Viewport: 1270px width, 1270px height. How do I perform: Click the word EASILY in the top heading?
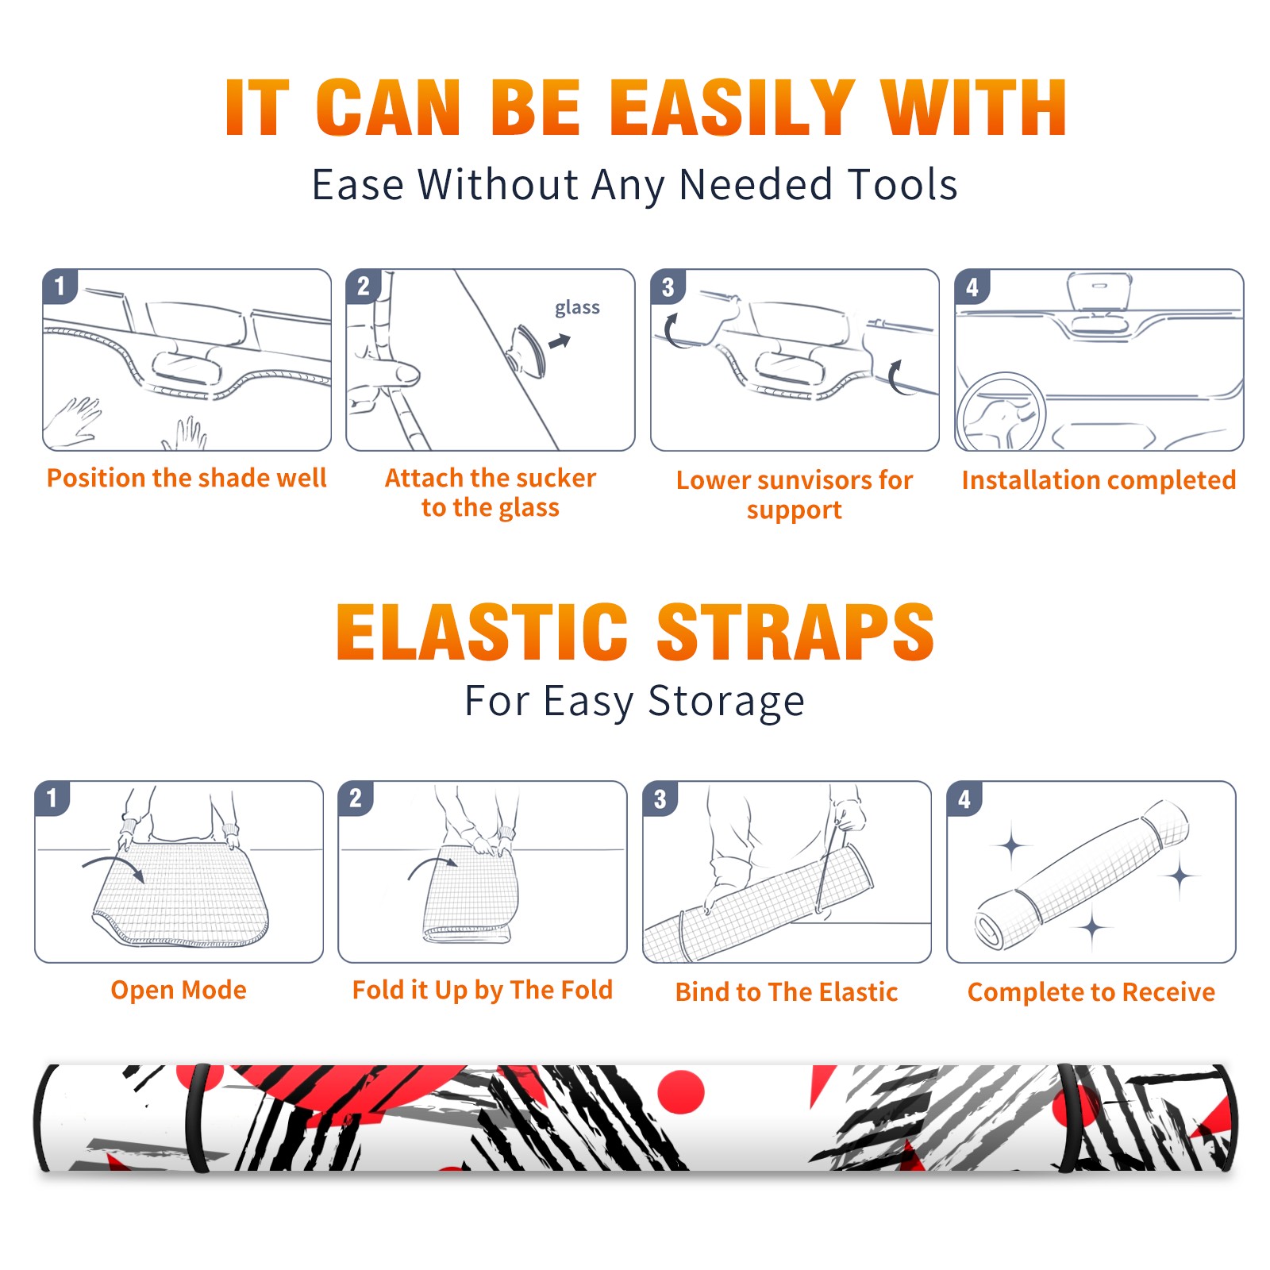point(732,108)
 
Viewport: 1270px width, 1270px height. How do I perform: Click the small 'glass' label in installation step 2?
point(577,308)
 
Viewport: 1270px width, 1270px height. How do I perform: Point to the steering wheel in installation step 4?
point(1000,413)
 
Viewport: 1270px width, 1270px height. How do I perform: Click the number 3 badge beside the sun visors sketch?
point(668,287)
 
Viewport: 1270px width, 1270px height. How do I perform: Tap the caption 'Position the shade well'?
point(187,478)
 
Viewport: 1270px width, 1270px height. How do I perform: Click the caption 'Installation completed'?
point(1099,480)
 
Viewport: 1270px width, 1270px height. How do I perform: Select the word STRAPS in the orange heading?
point(795,632)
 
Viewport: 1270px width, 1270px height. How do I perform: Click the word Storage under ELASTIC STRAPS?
point(725,702)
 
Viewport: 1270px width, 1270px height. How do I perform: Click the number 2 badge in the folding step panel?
point(356,798)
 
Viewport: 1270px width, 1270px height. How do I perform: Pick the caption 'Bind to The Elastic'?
point(786,992)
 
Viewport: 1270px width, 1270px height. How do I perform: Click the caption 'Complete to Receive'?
point(1091,992)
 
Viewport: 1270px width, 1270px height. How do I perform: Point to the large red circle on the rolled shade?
point(681,1091)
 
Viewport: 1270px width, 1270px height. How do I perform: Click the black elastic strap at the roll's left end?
point(196,1118)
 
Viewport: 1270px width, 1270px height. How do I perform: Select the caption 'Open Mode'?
point(179,990)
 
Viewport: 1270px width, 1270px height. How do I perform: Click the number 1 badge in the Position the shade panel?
point(60,286)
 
